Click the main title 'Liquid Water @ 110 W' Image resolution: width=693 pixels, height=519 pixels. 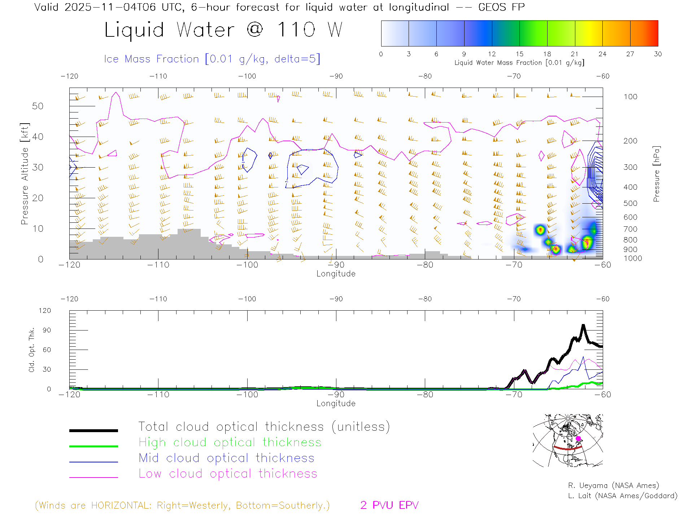point(223,30)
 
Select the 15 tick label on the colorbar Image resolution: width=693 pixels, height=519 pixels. point(519,54)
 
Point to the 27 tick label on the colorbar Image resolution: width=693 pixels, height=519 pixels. point(630,54)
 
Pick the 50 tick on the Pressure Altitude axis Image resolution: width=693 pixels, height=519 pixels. point(38,106)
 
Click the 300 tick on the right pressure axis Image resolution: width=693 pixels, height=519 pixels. point(630,167)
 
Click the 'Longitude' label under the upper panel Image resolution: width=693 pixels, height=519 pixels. point(336,274)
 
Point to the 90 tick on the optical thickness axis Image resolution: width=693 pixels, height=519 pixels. point(47,330)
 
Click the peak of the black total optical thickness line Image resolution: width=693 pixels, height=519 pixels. point(583,326)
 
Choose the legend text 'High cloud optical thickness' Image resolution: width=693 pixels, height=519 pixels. point(230,442)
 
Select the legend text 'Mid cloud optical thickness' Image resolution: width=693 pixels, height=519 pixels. point(227,458)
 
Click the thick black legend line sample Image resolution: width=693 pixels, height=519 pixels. point(93,430)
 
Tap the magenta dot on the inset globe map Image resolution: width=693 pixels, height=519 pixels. point(578,439)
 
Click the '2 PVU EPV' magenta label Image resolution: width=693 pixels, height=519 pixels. point(389,505)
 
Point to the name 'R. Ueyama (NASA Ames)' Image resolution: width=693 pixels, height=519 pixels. point(613,485)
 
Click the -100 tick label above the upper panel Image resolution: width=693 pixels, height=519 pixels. point(247,76)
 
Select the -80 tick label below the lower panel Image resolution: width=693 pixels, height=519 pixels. point(425,395)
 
